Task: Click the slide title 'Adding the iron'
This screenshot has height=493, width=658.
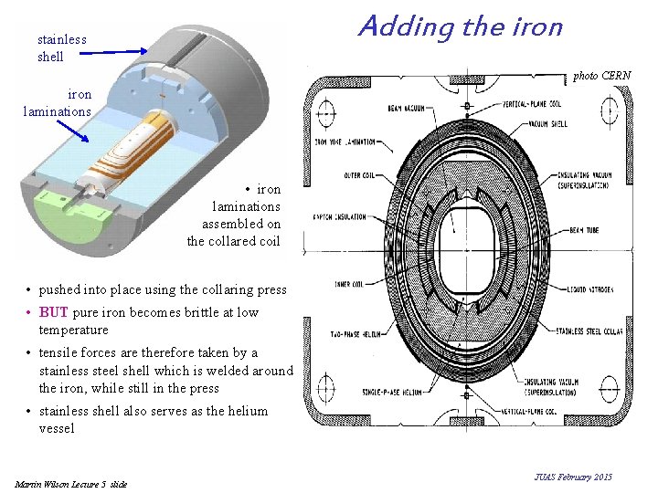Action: (460, 26)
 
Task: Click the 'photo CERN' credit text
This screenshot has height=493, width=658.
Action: (601, 76)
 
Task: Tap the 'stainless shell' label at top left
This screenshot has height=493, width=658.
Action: (61, 47)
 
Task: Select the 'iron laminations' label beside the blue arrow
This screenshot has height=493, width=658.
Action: (58, 102)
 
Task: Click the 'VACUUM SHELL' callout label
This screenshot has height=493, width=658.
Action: (547, 123)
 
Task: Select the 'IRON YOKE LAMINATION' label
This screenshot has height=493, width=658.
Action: (345, 142)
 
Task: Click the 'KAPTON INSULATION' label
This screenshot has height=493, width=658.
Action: (340, 217)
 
